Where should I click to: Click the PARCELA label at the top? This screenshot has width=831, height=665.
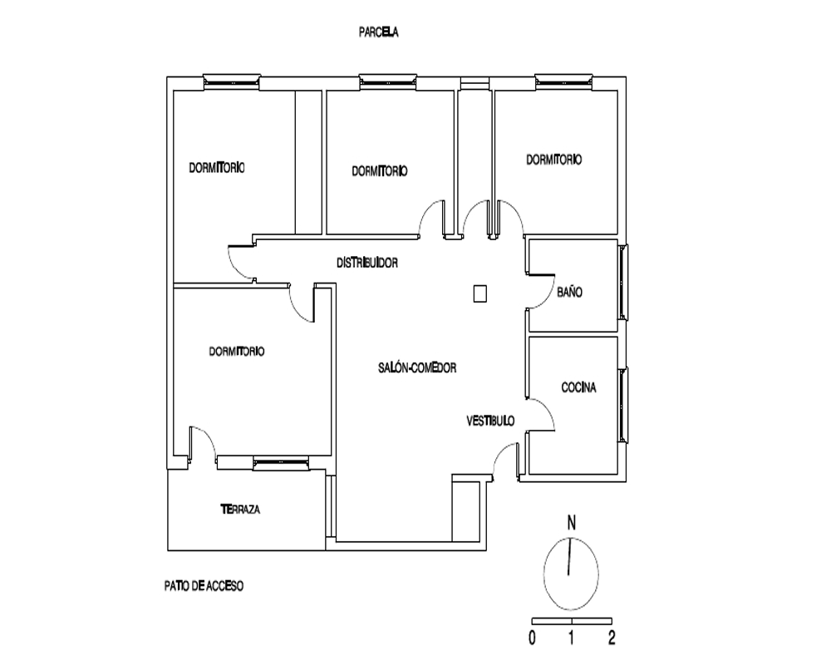[378, 32]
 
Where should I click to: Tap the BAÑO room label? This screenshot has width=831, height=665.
[570, 293]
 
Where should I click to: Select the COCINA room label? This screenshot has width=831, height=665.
[578, 387]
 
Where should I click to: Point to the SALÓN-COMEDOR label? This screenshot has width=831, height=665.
[417, 367]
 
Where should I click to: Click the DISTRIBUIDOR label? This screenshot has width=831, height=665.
[367, 263]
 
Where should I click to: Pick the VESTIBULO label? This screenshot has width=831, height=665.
[490, 421]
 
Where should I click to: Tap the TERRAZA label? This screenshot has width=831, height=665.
[240, 510]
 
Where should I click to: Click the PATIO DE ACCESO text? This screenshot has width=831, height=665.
[204, 586]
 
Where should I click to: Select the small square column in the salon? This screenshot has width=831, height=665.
[480, 293]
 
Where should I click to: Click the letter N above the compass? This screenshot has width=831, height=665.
[572, 524]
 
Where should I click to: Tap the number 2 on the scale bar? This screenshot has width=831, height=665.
[612, 638]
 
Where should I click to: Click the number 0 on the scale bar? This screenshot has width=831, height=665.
[532, 638]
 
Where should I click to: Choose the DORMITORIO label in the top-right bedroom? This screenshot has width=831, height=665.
[553, 160]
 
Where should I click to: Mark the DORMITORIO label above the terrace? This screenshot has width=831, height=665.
[236, 352]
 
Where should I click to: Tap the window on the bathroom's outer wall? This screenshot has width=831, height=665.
[624, 282]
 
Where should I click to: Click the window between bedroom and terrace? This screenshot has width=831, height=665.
[281, 463]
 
